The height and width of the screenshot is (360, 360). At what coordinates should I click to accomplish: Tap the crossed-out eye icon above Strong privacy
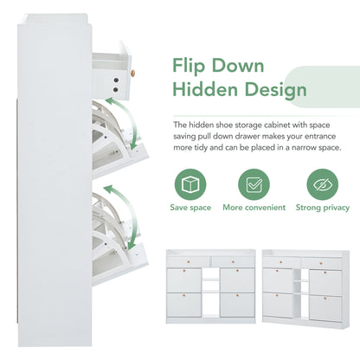coord(321,185)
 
